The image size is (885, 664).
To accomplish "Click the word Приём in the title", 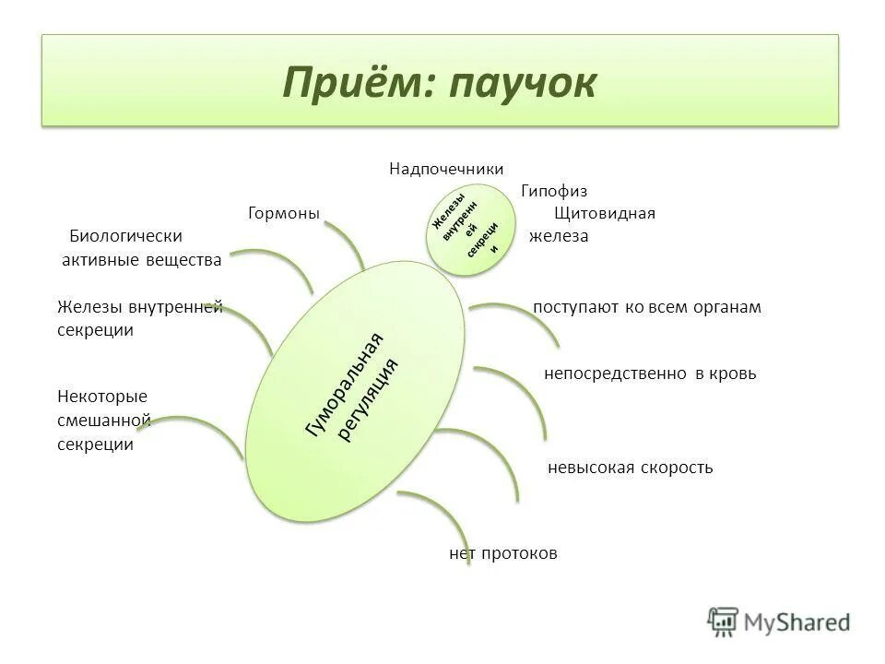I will [x=358, y=83].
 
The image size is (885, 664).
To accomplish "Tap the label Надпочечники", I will [x=446, y=169].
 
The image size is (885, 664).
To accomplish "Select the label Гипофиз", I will [x=554, y=191].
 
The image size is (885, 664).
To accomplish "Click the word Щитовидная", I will [x=605, y=213].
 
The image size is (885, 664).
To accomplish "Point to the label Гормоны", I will [x=284, y=213].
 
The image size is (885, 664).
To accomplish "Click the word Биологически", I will [x=126, y=236].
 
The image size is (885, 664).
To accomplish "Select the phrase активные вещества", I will [x=141, y=260].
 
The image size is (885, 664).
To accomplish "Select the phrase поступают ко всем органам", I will [x=647, y=307].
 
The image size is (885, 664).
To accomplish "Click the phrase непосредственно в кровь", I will [x=650, y=373].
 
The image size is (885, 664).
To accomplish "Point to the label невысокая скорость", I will [x=631, y=468].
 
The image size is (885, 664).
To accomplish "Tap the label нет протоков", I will [x=503, y=553].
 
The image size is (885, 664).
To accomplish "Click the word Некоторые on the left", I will [x=101, y=397].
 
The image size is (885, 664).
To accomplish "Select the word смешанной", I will [x=103, y=421].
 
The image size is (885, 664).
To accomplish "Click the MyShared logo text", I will [x=797, y=622].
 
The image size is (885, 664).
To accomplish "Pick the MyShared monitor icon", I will [x=724, y=620].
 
